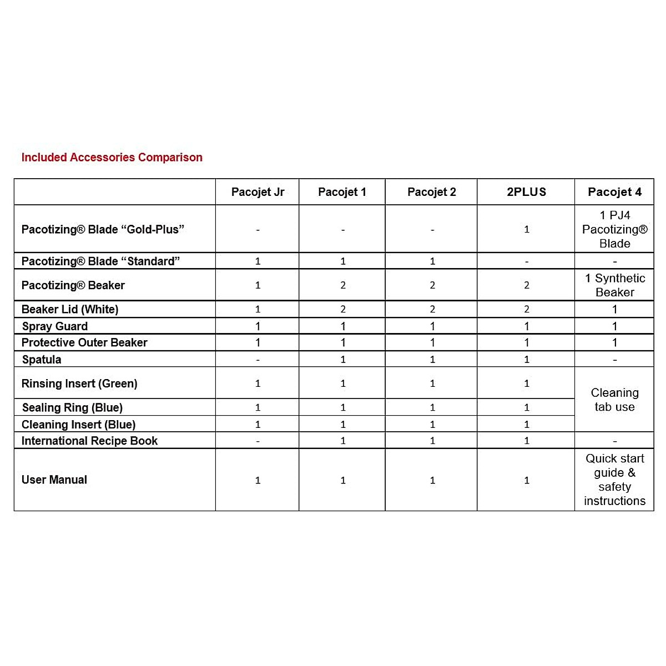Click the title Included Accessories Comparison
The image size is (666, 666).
coord(112,158)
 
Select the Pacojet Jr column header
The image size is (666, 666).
coord(258,192)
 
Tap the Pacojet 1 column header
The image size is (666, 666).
coord(342,192)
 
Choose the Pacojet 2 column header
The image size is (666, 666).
coord(431,192)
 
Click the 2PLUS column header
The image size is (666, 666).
coord(526,192)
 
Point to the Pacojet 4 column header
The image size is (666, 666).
coord(614,192)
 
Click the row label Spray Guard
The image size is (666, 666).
coord(54,326)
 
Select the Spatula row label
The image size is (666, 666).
coord(42,360)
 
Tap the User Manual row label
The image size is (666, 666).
coord(54,480)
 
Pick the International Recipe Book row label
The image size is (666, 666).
coord(89,441)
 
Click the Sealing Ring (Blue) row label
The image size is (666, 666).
coord(72,408)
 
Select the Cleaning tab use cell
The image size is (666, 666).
coord(614,400)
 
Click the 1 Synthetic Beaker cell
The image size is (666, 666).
coord(614,285)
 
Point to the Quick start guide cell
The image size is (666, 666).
coord(614,480)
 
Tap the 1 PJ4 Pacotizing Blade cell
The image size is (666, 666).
coord(614,229)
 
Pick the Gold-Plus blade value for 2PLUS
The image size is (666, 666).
coord(526,229)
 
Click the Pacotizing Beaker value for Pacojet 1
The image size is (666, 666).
coord(342,285)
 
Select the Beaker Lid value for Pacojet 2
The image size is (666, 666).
coord(432,309)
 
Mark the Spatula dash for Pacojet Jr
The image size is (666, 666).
coord(258,360)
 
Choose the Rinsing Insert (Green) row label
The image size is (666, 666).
coord(79,384)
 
